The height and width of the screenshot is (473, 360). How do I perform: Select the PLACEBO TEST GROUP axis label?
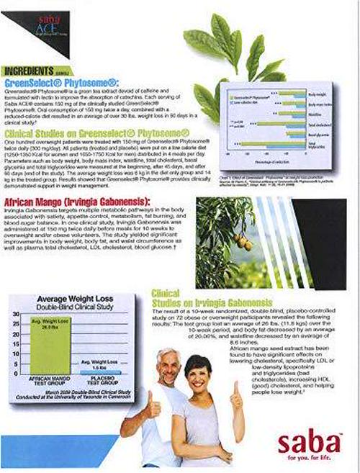tap(96, 381)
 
